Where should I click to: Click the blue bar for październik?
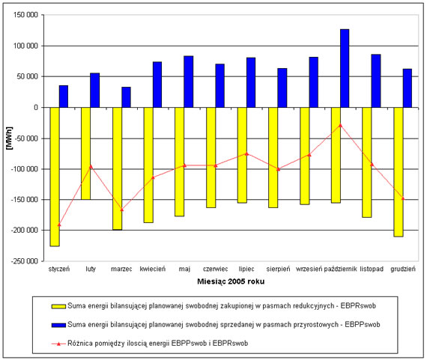click(345, 68)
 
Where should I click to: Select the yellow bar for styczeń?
click(55, 177)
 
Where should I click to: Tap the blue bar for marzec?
click(126, 97)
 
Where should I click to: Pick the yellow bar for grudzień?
click(399, 172)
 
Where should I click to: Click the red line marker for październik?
click(340, 125)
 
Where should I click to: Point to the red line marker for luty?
click(91, 166)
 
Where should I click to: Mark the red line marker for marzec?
click(121, 210)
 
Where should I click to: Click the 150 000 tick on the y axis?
click(25, 15)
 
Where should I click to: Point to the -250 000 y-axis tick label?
click(25, 261)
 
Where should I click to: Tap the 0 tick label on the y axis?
click(36, 108)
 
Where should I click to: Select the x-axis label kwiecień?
click(153, 269)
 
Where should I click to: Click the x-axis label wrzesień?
click(309, 269)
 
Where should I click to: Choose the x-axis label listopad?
click(372, 269)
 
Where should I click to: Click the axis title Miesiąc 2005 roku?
click(231, 281)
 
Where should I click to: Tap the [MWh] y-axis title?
click(10, 138)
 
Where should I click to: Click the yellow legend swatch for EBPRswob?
click(58, 306)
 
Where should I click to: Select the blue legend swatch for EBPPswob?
click(58, 325)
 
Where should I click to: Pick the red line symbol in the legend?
click(58, 344)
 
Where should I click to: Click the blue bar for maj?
click(189, 82)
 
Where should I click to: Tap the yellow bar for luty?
click(86, 153)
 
